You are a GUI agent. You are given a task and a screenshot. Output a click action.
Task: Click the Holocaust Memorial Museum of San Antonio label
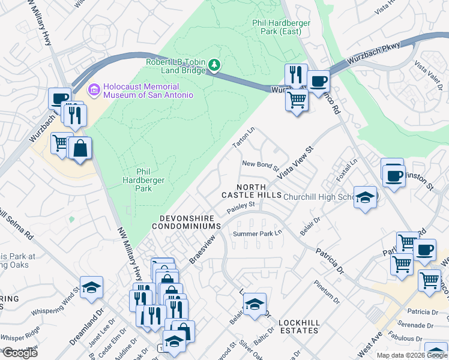pyautogui.click(x=148, y=91)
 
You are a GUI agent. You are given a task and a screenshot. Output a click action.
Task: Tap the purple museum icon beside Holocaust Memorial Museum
pyautogui.click(x=94, y=91)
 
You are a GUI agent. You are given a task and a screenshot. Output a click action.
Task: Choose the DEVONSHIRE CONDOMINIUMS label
pyautogui.click(x=186, y=221)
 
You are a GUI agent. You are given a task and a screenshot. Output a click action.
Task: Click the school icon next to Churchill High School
pyautogui.click(x=365, y=197)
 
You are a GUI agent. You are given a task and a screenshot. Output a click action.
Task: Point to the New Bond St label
pyautogui.click(x=261, y=164)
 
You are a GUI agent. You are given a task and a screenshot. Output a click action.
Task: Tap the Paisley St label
pyautogui.click(x=241, y=208)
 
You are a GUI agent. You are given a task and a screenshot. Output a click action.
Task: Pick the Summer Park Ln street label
pyautogui.click(x=258, y=233)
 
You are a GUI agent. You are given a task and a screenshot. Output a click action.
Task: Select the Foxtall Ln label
pyautogui.click(x=347, y=170)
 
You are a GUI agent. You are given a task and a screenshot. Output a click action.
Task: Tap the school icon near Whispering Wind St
pyautogui.click(x=91, y=287)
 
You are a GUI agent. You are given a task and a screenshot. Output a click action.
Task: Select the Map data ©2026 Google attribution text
pyautogui.click(x=411, y=355)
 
